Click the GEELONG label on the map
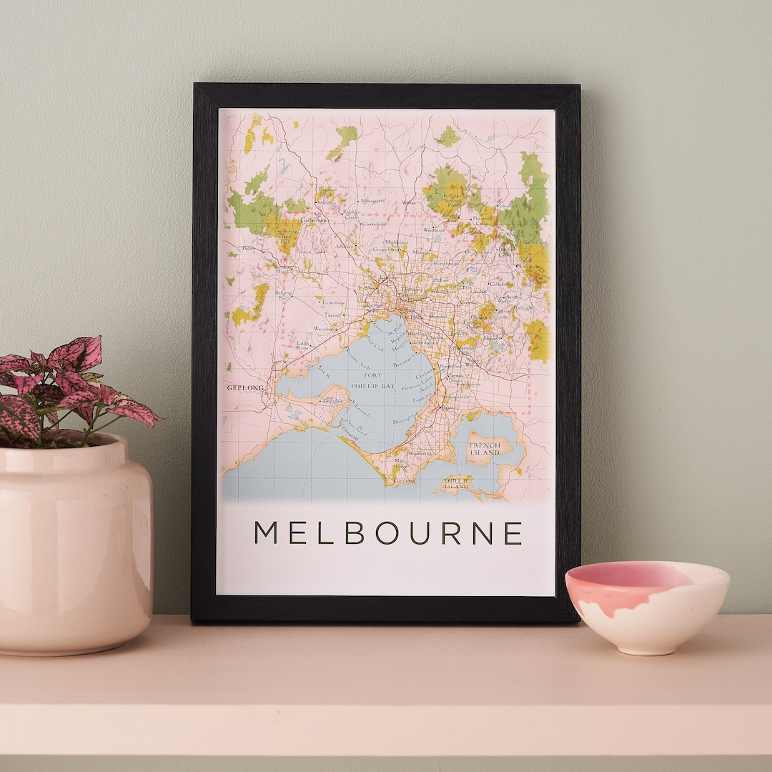tap(245, 387)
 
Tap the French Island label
tap(484, 449)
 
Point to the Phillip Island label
tap(456, 483)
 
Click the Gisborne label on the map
tap(312, 220)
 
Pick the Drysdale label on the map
tap(333, 401)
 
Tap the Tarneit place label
tap(333, 314)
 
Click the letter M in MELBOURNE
tap(266, 533)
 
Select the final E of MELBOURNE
tap(513, 533)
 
